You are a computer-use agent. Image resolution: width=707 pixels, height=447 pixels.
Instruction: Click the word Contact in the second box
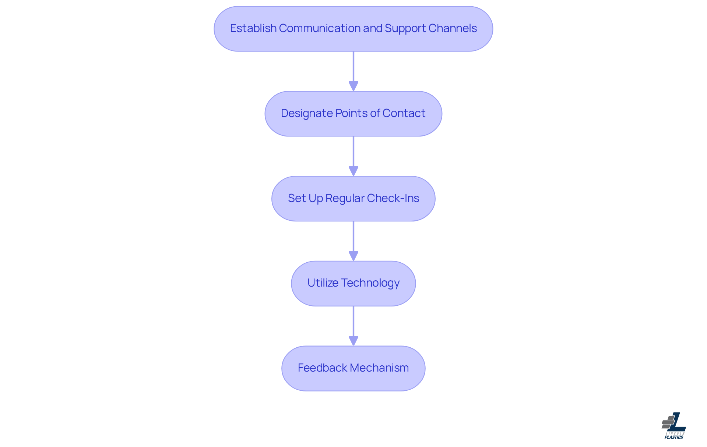tap(404, 113)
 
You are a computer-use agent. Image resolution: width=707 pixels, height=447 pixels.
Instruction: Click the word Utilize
tap(323, 283)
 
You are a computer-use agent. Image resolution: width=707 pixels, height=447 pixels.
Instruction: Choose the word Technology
tap(370, 283)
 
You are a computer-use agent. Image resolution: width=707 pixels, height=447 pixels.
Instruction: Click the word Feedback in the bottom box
tap(322, 368)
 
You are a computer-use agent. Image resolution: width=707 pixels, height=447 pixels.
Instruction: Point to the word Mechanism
tap(379, 368)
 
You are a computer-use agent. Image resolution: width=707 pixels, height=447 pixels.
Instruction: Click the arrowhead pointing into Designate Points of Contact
tap(353, 86)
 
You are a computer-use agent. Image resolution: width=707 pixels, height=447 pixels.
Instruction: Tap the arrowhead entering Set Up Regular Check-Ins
tap(353, 171)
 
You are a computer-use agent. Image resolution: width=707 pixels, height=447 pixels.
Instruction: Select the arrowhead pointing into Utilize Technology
tap(353, 256)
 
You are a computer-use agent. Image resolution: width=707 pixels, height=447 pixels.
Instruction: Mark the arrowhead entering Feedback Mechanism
tap(353, 341)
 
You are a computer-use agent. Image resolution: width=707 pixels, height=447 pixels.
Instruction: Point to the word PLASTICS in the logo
tap(674, 437)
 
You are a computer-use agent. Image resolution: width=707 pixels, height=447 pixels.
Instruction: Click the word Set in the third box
tap(296, 198)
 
